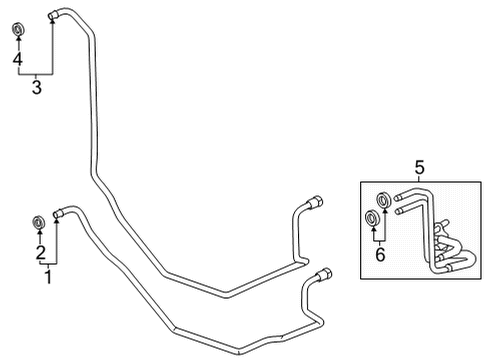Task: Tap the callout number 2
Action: click(40, 252)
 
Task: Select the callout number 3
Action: click(36, 88)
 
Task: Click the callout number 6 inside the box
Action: click(379, 256)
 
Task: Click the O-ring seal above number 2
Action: click(39, 221)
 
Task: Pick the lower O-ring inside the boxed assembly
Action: click(372, 218)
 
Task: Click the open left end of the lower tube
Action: click(57, 213)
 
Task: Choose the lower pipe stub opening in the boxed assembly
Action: click(397, 211)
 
